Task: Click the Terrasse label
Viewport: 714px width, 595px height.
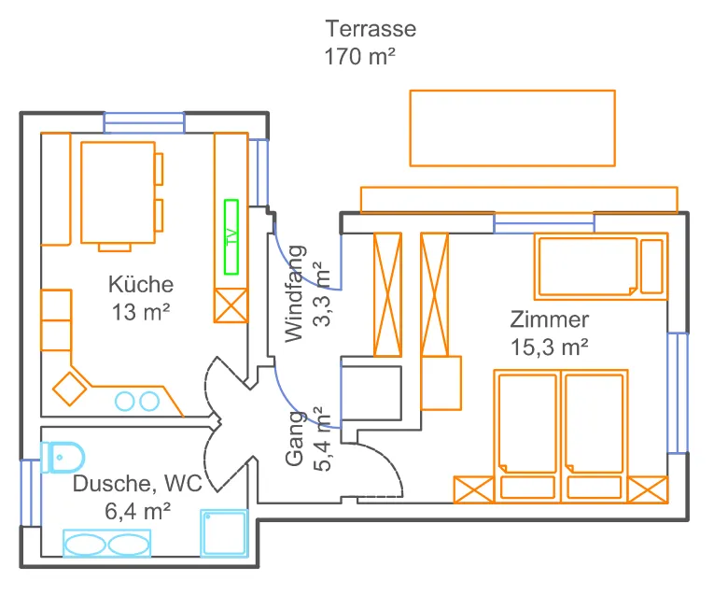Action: tap(371, 29)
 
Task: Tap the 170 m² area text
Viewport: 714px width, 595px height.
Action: tap(360, 57)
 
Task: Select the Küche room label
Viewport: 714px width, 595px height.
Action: tap(141, 285)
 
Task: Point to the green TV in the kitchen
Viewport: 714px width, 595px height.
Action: tap(231, 236)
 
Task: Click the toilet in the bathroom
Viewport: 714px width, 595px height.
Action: tap(63, 457)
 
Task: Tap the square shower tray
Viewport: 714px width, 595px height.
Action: tap(224, 534)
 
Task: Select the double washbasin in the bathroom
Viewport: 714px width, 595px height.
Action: tap(105, 544)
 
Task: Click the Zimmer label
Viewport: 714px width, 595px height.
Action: tap(549, 319)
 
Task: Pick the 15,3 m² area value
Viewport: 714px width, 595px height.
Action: tap(549, 347)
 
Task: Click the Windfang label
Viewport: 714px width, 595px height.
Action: tap(295, 292)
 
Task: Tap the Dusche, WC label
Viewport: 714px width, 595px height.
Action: tap(136, 484)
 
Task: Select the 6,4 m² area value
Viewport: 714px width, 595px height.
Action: tap(138, 511)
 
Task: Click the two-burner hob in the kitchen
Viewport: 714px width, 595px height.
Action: tap(136, 402)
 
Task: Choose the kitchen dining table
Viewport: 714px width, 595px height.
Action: tap(117, 192)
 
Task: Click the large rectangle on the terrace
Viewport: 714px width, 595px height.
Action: tap(512, 128)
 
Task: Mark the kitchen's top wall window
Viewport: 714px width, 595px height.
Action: tap(144, 121)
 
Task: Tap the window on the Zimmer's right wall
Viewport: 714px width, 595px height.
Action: tap(678, 392)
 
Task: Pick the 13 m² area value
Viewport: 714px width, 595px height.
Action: tap(141, 313)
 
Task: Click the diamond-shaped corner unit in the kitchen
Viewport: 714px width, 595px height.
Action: tap(69, 388)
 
